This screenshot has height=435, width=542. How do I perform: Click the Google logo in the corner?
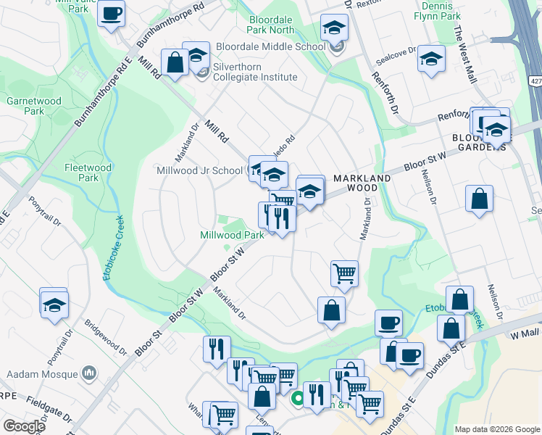click(x=23, y=426)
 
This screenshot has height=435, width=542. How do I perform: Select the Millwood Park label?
click(x=232, y=235)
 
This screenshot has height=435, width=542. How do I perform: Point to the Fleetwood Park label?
click(x=88, y=173)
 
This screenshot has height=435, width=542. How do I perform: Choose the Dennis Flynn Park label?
click(x=437, y=10)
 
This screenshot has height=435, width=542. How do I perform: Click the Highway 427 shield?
click(x=534, y=83)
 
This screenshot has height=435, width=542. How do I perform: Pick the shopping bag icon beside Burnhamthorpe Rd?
click(x=175, y=62)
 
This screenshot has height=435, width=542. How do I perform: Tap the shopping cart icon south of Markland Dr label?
click(x=344, y=273)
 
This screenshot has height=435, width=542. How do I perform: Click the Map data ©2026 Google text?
click(x=497, y=428)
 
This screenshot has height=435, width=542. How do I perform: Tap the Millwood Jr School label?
click(x=199, y=170)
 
